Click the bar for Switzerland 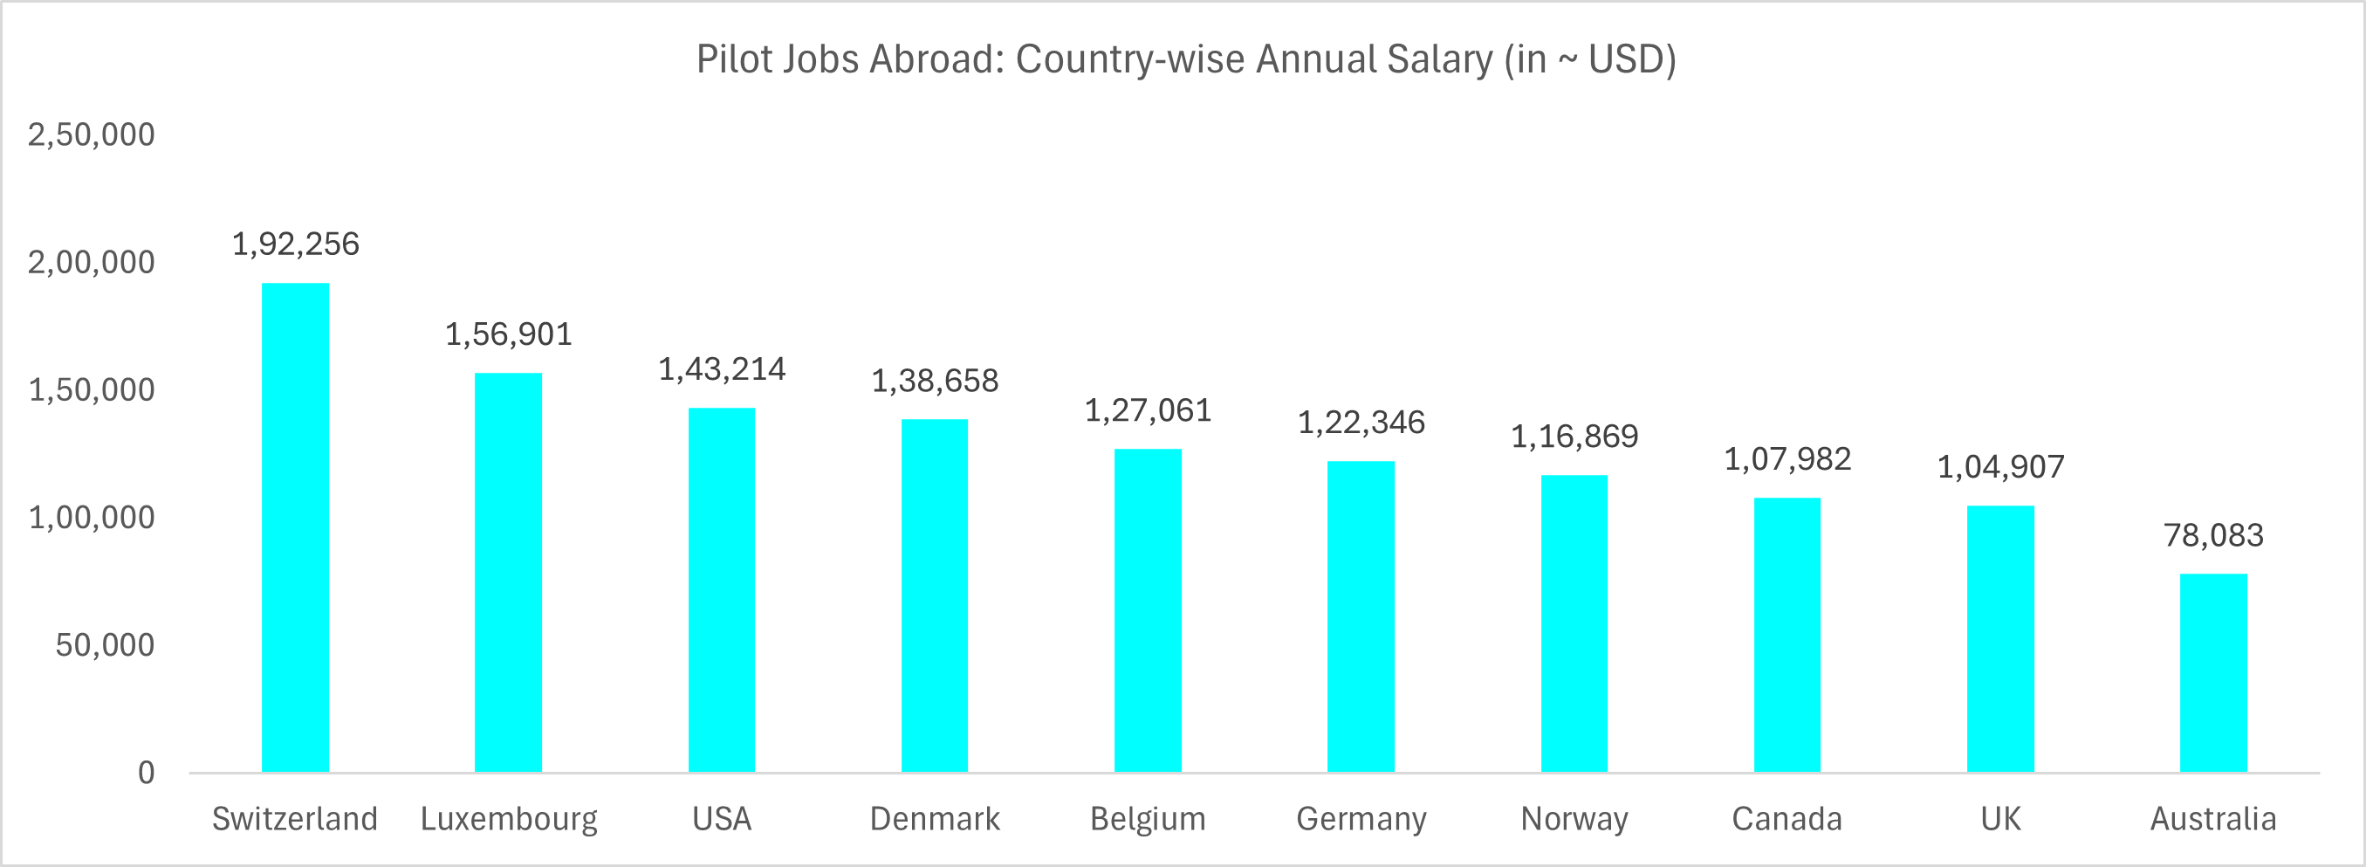tap(295, 527)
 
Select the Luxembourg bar tap(508, 572)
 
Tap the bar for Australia tap(2213, 672)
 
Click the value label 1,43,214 tap(722, 369)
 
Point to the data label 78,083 tap(2213, 534)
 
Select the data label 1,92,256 tap(295, 244)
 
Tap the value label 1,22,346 tap(1361, 423)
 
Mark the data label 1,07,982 tap(1787, 459)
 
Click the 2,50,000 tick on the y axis tap(91, 135)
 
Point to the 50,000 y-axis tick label tap(105, 645)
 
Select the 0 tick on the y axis tap(146, 774)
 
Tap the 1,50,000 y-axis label tap(91, 390)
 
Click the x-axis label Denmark tap(935, 818)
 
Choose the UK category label tap(2000, 818)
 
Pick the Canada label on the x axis tap(1787, 818)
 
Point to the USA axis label tap(722, 818)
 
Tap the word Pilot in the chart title tap(731, 59)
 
